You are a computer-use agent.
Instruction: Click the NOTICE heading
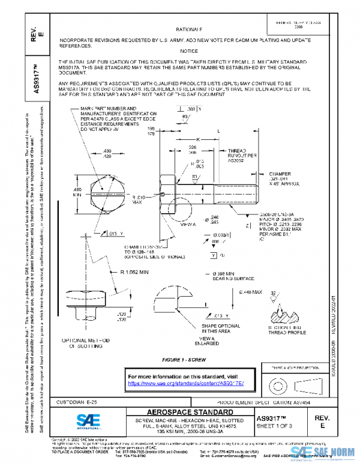[188, 52]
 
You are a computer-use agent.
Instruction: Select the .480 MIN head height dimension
[77, 192]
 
